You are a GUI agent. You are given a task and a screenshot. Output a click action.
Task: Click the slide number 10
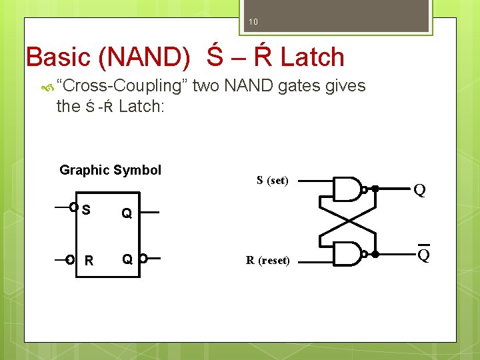tap(253, 23)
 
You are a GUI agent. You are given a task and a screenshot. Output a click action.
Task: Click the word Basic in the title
tap(58, 57)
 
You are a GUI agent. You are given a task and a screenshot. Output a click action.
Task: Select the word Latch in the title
tap(312, 57)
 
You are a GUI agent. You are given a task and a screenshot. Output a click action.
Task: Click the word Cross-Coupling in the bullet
tap(123, 86)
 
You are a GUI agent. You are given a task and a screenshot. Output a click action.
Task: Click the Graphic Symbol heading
tap(110, 170)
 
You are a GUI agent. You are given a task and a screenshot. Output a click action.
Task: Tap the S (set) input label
tap(272, 180)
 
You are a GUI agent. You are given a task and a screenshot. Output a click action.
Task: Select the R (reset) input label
tap(267, 260)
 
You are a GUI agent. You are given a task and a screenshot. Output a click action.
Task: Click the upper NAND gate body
tap(347, 189)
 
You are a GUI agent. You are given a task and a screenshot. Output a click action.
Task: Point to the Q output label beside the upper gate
tap(419, 191)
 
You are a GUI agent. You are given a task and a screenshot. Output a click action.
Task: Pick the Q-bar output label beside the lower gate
tap(423, 255)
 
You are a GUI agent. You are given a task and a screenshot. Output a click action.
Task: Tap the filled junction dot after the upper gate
tap(375, 189)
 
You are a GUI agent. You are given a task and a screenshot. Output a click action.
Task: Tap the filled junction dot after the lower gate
tap(375, 255)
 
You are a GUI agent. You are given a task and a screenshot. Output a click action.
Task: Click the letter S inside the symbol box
tap(86, 210)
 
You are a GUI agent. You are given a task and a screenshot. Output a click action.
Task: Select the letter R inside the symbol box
tap(89, 259)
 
